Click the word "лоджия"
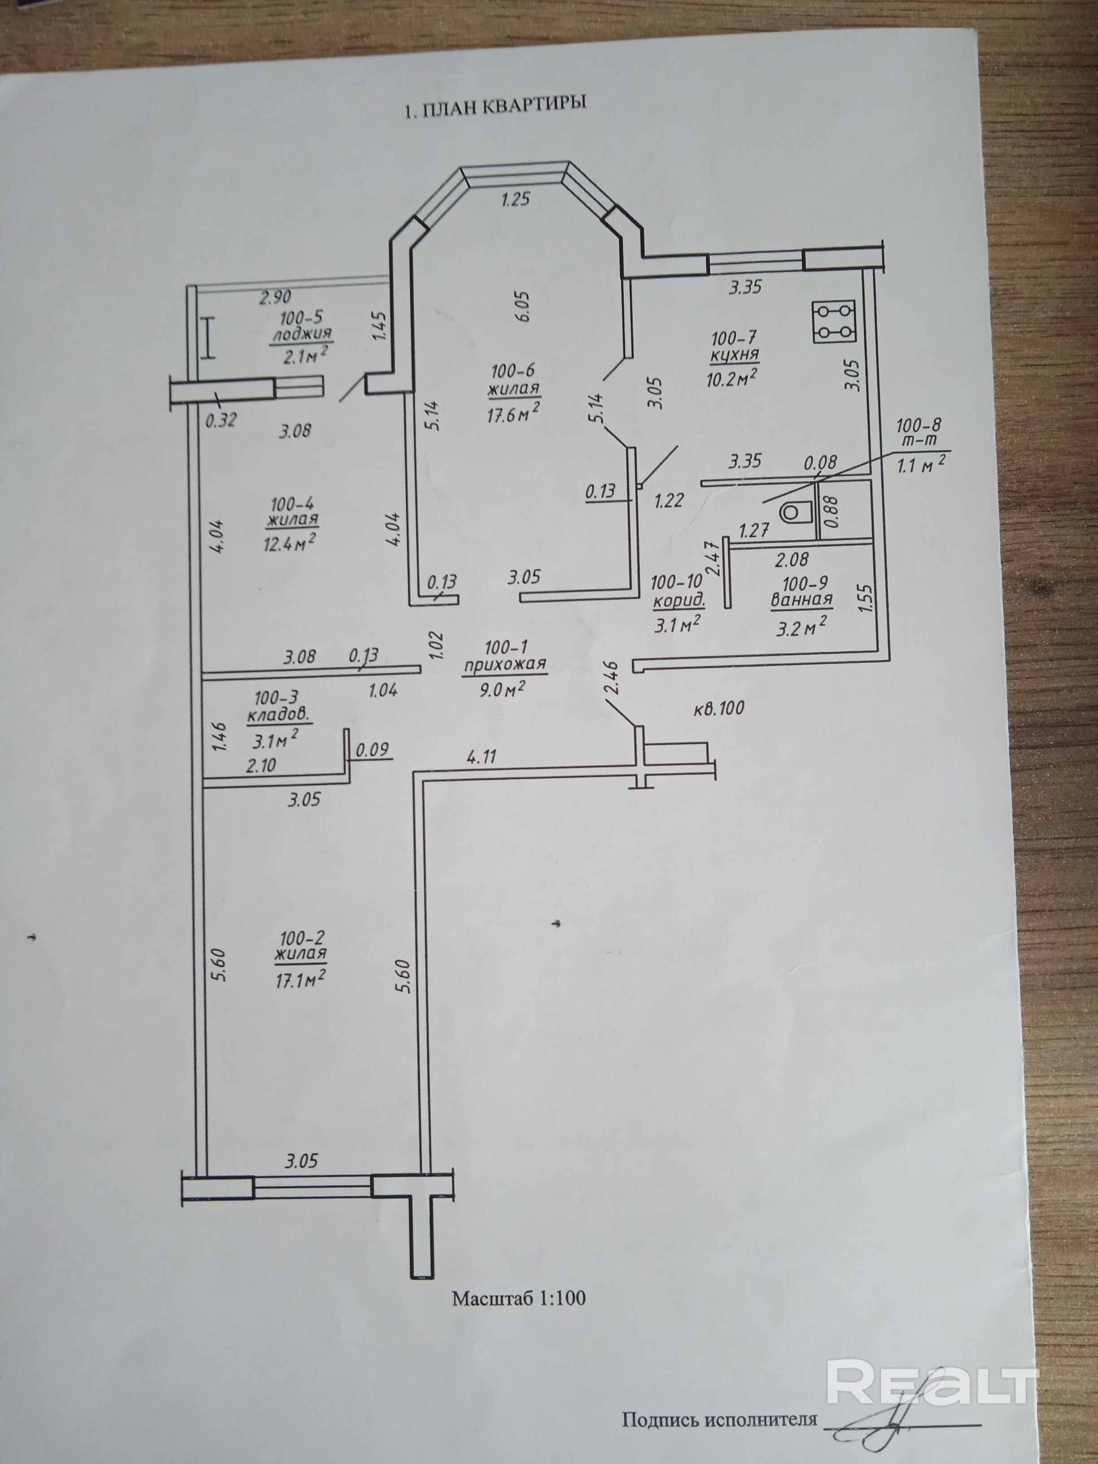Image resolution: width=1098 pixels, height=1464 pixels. tap(301, 334)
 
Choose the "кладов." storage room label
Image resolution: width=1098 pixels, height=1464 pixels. tap(278, 716)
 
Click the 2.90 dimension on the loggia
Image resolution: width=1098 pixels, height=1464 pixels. tap(274, 297)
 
